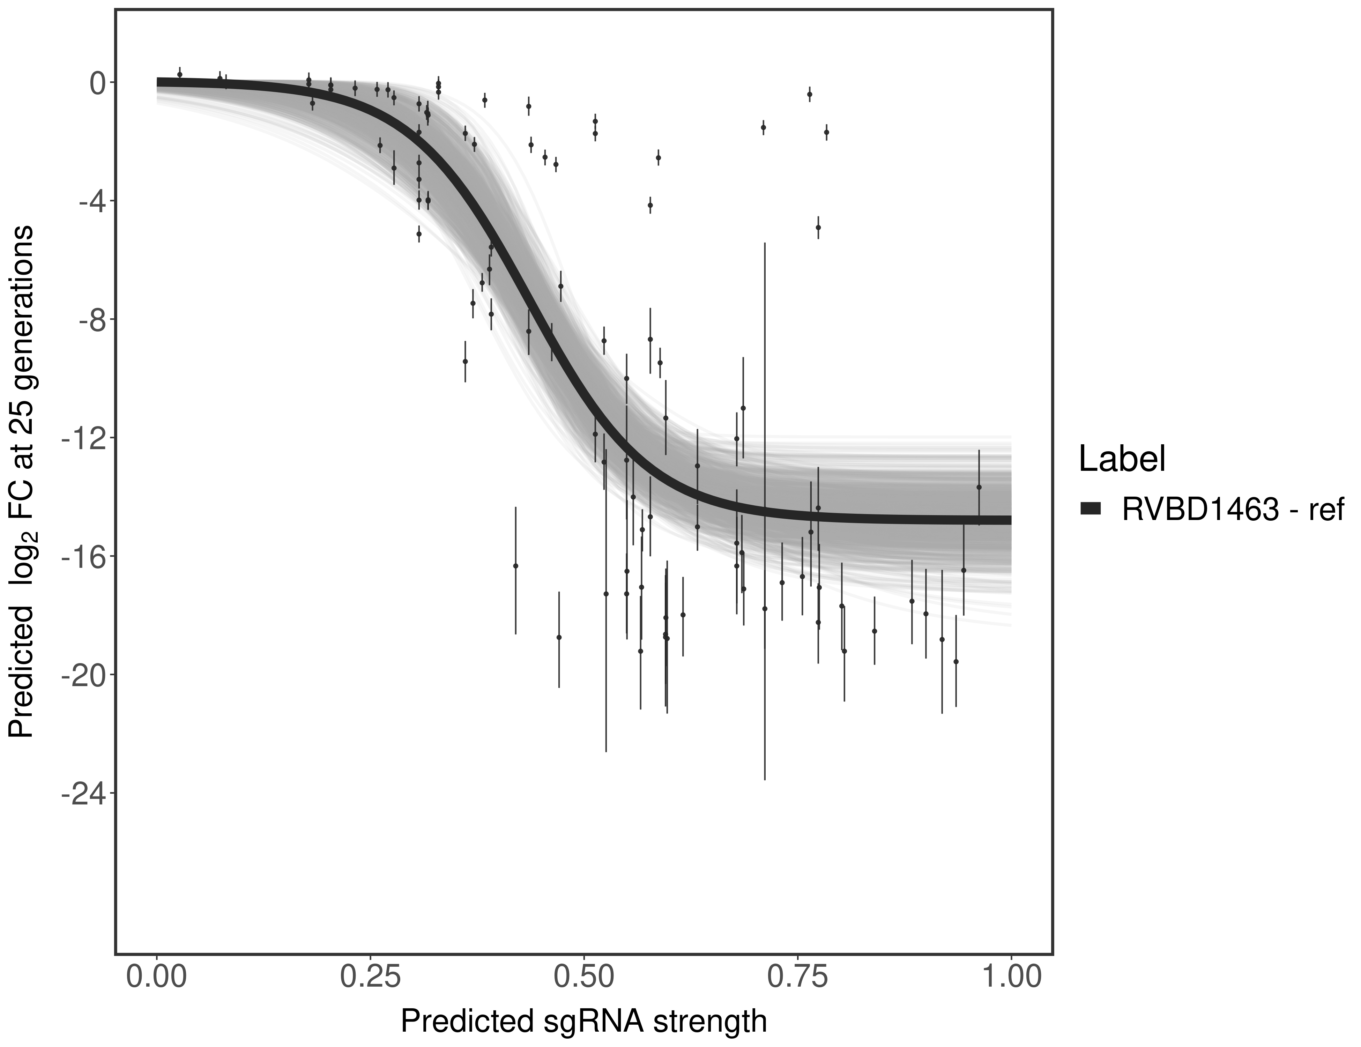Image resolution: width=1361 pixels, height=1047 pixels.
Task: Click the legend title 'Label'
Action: point(1122,460)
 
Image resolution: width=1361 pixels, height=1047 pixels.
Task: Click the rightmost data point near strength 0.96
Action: point(979,487)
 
